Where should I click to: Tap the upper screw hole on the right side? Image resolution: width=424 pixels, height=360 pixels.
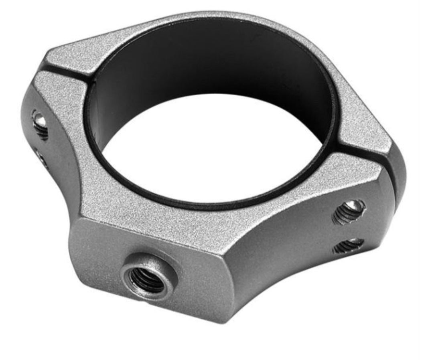(x=349, y=212)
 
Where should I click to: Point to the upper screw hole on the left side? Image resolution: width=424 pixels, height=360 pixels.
(x=40, y=123)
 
